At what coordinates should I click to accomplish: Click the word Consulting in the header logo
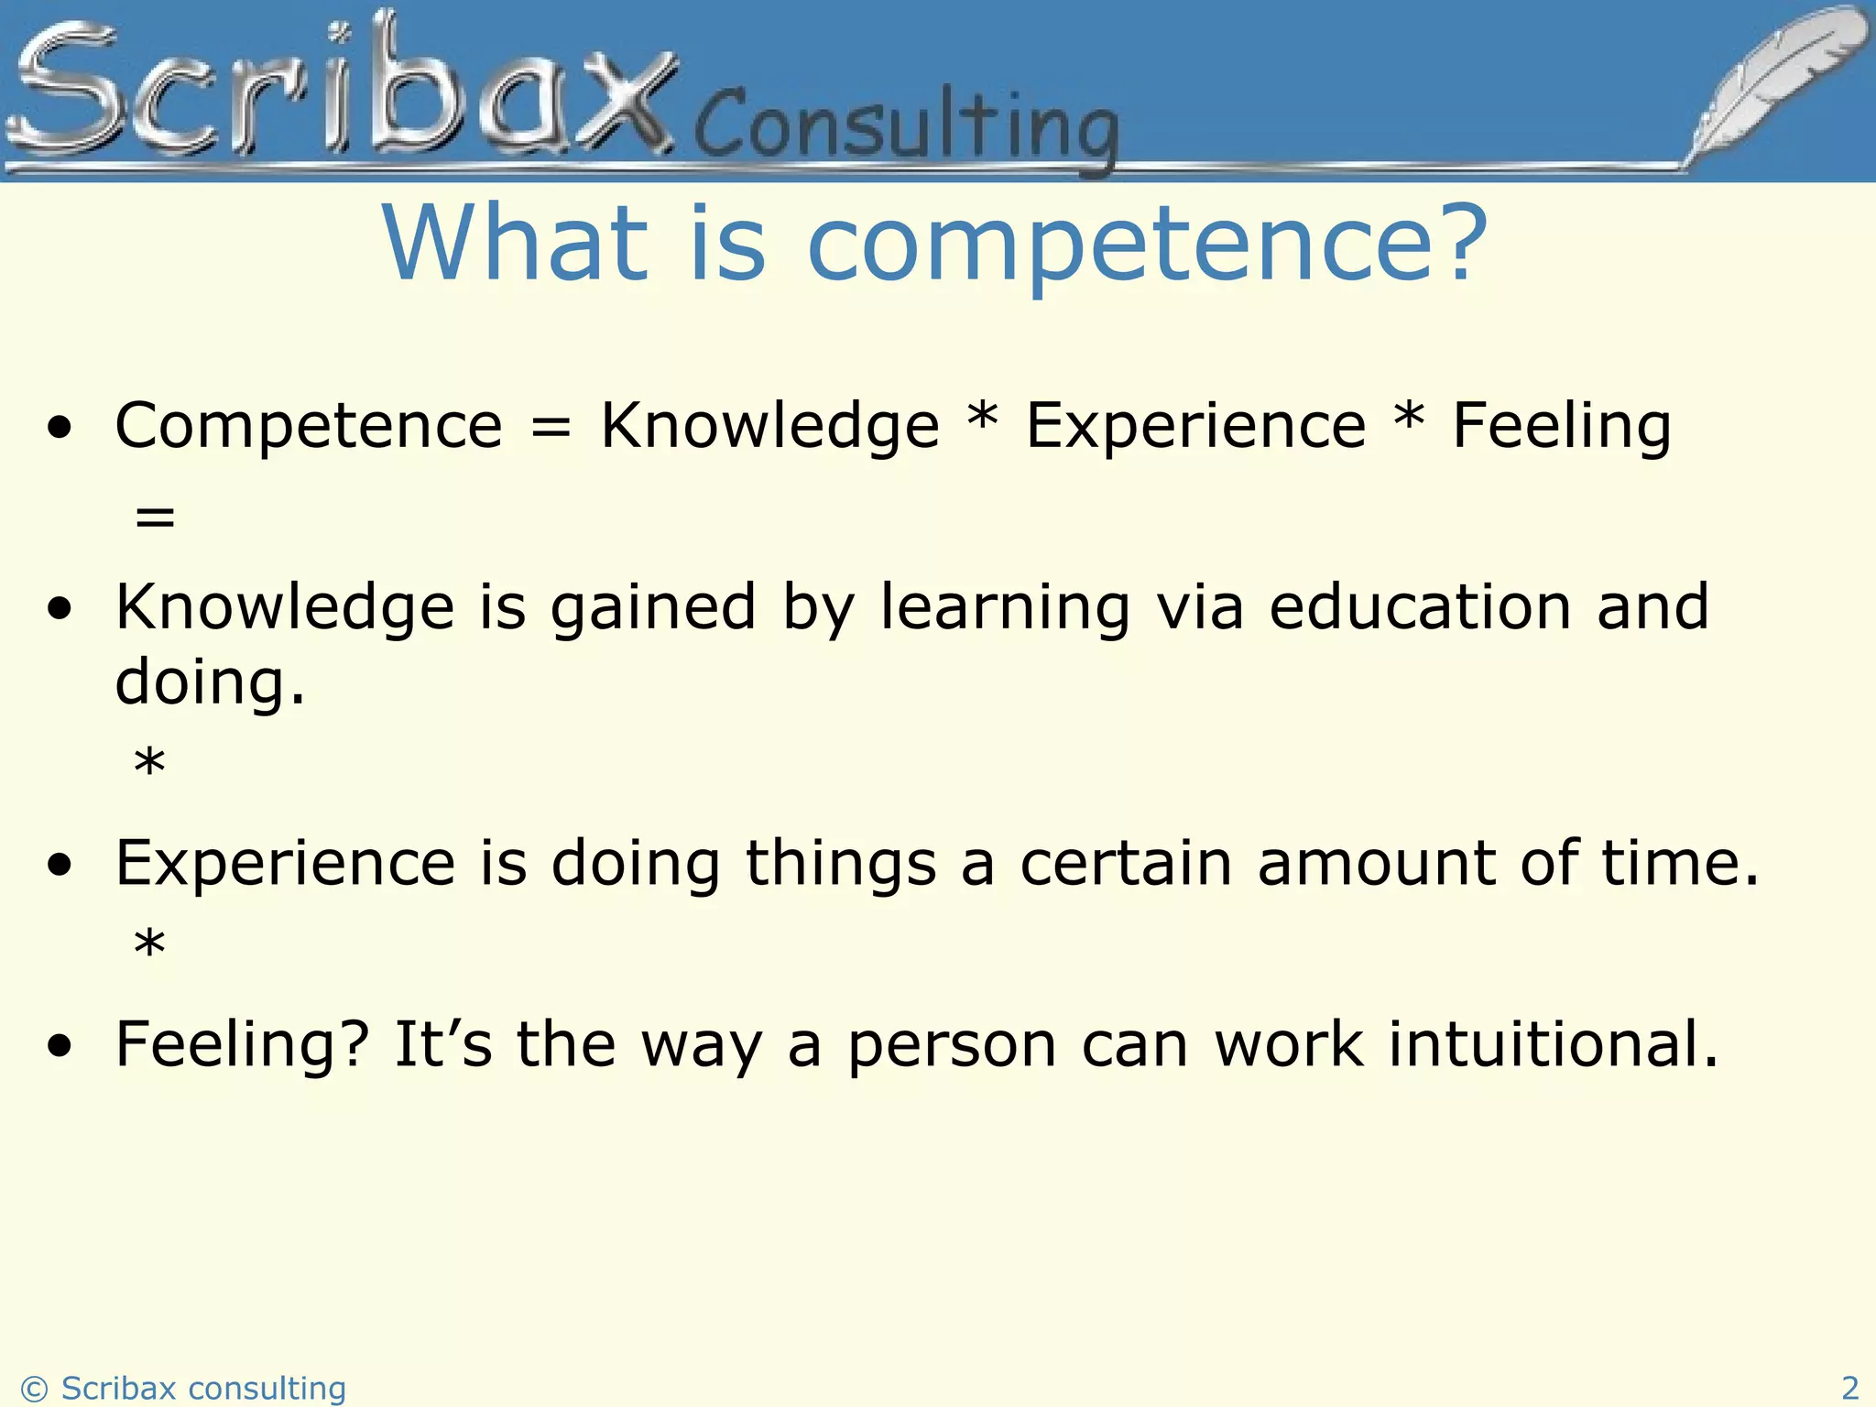[x=907, y=128]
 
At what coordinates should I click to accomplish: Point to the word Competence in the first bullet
[x=309, y=426]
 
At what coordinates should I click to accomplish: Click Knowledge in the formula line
[x=769, y=426]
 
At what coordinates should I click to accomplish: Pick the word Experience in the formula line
[x=1195, y=426]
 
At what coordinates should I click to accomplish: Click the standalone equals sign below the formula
[x=154, y=518]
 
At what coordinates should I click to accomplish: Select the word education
[x=1420, y=607]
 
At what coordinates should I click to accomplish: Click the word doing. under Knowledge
[x=210, y=682]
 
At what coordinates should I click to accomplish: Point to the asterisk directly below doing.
[x=149, y=763]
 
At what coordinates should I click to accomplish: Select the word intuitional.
[x=1554, y=1044]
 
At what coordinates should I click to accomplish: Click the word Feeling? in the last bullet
[x=242, y=1046]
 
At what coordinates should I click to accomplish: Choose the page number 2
[x=1849, y=1387]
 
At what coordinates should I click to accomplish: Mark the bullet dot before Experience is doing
[x=60, y=865]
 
